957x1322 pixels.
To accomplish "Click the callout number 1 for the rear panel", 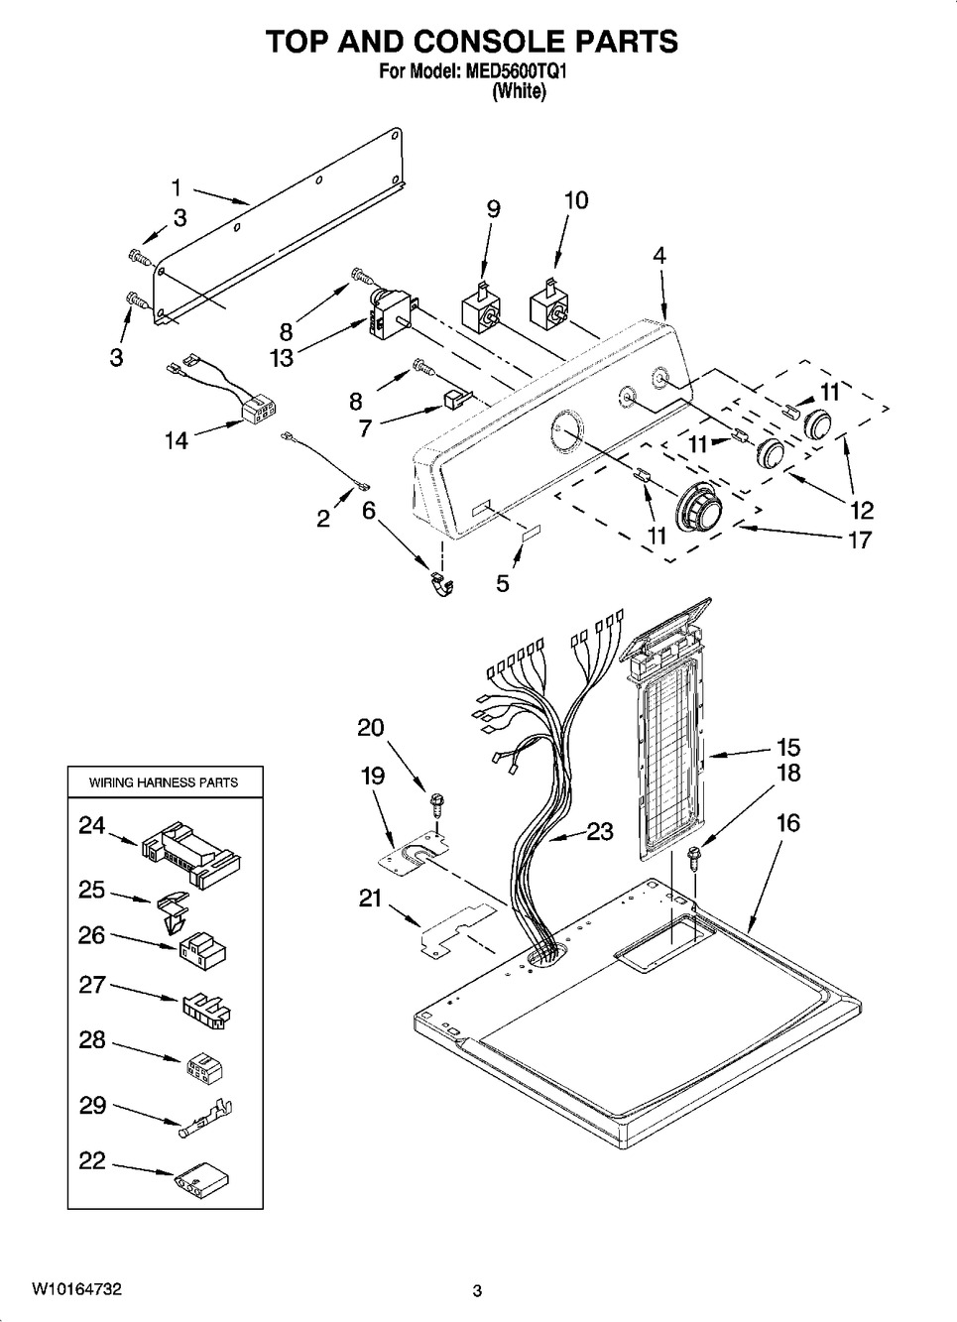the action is coord(176,187).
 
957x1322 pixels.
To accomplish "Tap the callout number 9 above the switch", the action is coord(493,209).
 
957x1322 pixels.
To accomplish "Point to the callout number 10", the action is coord(576,200).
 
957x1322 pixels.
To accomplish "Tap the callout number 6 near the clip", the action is coord(369,511).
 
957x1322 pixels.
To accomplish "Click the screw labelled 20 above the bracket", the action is coord(437,804).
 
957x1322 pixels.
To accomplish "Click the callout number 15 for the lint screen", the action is coord(788,747).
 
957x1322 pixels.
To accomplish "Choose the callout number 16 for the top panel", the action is coord(788,822).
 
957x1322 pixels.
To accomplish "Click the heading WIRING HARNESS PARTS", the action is coord(164,782).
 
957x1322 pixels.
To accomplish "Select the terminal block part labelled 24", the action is coord(190,854).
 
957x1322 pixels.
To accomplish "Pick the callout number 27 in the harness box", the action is coord(92,985).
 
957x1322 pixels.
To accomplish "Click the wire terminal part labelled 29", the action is coord(205,1118).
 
